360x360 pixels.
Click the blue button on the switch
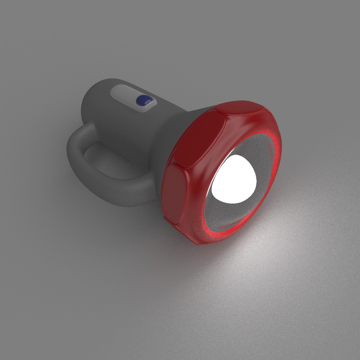click(143, 101)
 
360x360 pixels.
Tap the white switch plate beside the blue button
click(123, 94)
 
